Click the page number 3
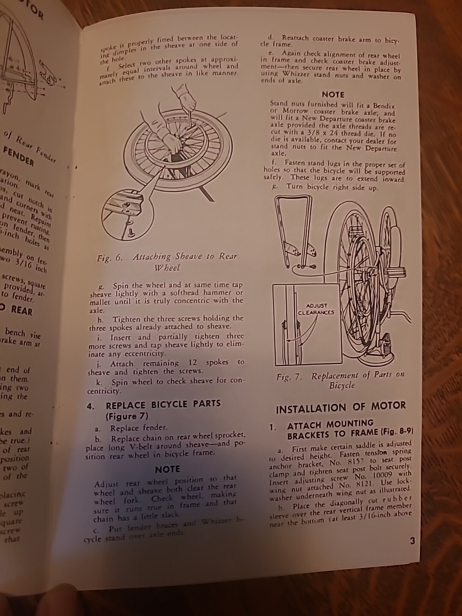412,541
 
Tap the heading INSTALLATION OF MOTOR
341,407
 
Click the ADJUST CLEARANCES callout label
317,309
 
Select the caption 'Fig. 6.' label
110,258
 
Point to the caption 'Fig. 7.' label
289,377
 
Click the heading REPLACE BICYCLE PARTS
163,404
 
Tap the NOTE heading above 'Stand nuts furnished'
333,94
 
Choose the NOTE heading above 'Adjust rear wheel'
167,469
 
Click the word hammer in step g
221,293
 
